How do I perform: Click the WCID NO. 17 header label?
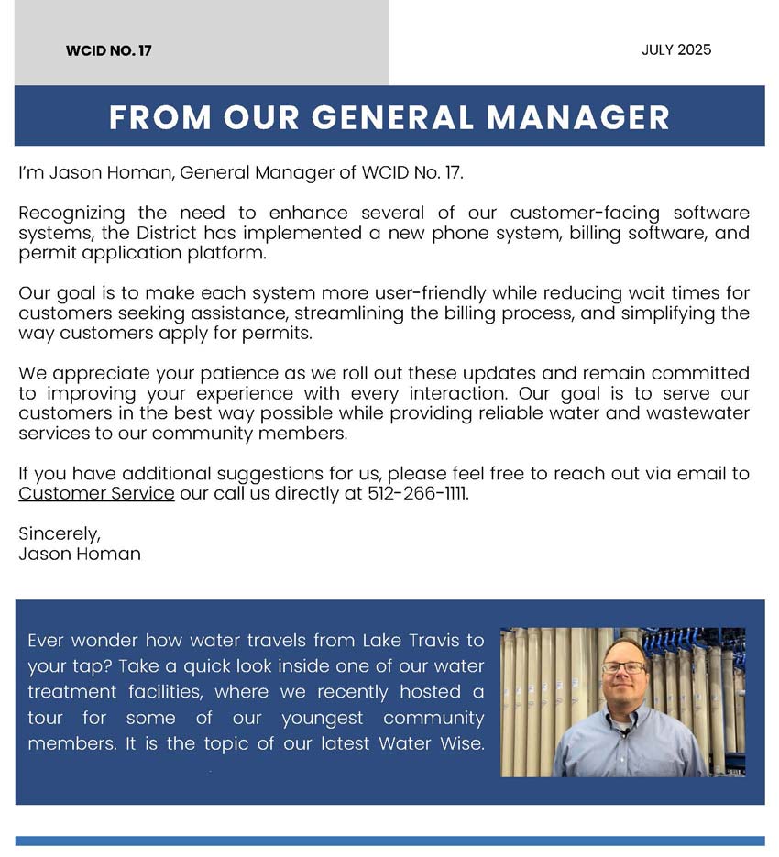coord(108,51)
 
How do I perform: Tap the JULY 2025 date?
coord(676,49)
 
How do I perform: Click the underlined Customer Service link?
coord(96,493)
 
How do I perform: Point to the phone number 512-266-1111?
coord(417,493)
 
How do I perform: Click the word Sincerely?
coord(60,533)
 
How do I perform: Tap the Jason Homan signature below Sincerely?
coord(80,554)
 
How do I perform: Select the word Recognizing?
coord(73,214)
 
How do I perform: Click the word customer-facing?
coord(576,214)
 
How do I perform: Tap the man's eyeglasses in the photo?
coord(623,667)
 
